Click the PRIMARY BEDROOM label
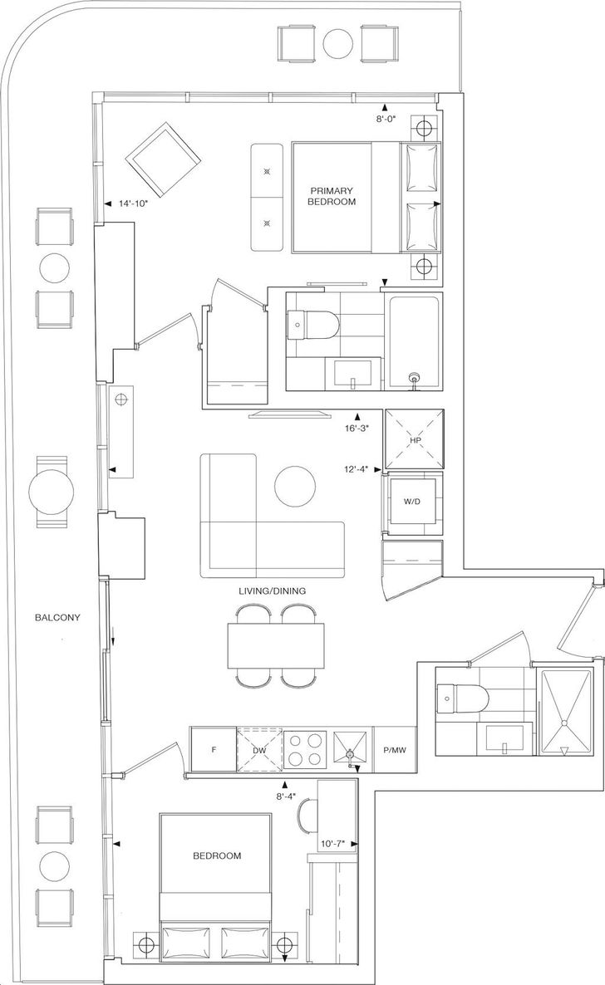pyautogui.click(x=332, y=195)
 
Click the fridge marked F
pyautogui.click(x=214, y=749)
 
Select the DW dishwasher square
pyautogui.click(x=260, y=749)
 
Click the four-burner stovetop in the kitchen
pyautogui.click(x=307, y=749)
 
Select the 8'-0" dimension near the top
pyautogui.click(x=384, y=119)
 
